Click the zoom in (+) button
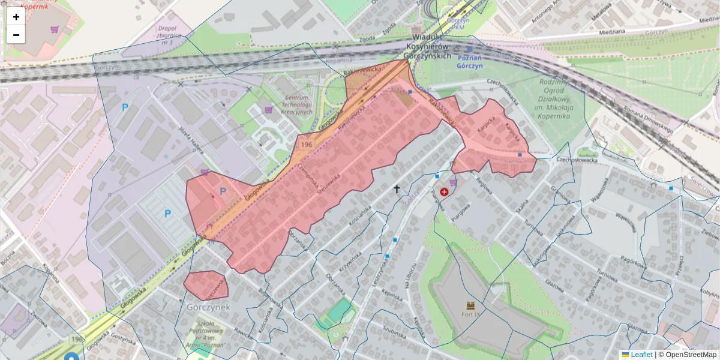[16, 17]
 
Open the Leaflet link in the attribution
[641, 355]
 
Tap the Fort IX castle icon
[470, 305]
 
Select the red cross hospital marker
[444, 192]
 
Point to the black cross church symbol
[396, 189]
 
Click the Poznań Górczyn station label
[470, 62]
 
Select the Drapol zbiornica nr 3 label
[166, 35]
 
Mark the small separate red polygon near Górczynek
[206, 284]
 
